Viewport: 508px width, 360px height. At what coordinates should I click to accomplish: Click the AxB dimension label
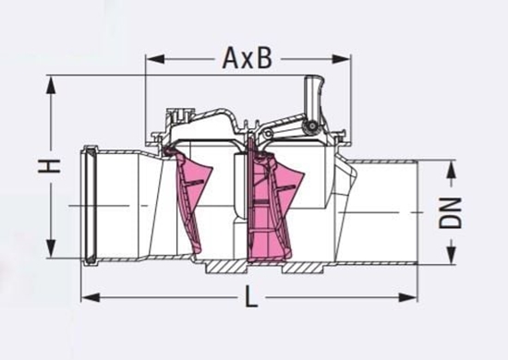pos(247,58)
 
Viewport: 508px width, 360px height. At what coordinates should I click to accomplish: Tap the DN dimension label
pos(451,212)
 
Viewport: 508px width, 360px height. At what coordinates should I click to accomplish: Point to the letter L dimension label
pos(250,297)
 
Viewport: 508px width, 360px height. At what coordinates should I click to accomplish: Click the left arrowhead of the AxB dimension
pos(155,59)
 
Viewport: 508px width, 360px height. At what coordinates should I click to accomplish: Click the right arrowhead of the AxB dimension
pos(342,59)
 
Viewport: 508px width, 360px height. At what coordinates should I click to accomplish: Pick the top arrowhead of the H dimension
pos(51,85)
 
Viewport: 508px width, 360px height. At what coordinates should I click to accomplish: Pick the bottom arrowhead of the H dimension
pos(51,248)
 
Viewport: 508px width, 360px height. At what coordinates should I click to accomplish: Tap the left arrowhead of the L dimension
pos(91,297)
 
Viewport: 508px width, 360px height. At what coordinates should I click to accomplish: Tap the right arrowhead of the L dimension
pos(408,297)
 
